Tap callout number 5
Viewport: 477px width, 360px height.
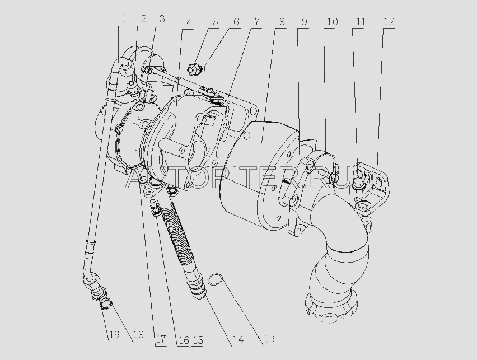point(216,22)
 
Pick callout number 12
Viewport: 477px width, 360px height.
point(389,22)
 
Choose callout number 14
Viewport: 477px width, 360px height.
point(238,339)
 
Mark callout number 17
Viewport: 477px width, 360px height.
point(161,338)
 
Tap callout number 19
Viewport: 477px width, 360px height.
point(114,336)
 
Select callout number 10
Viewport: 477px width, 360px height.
point(332,22)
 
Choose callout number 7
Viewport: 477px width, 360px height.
point(256,23)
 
